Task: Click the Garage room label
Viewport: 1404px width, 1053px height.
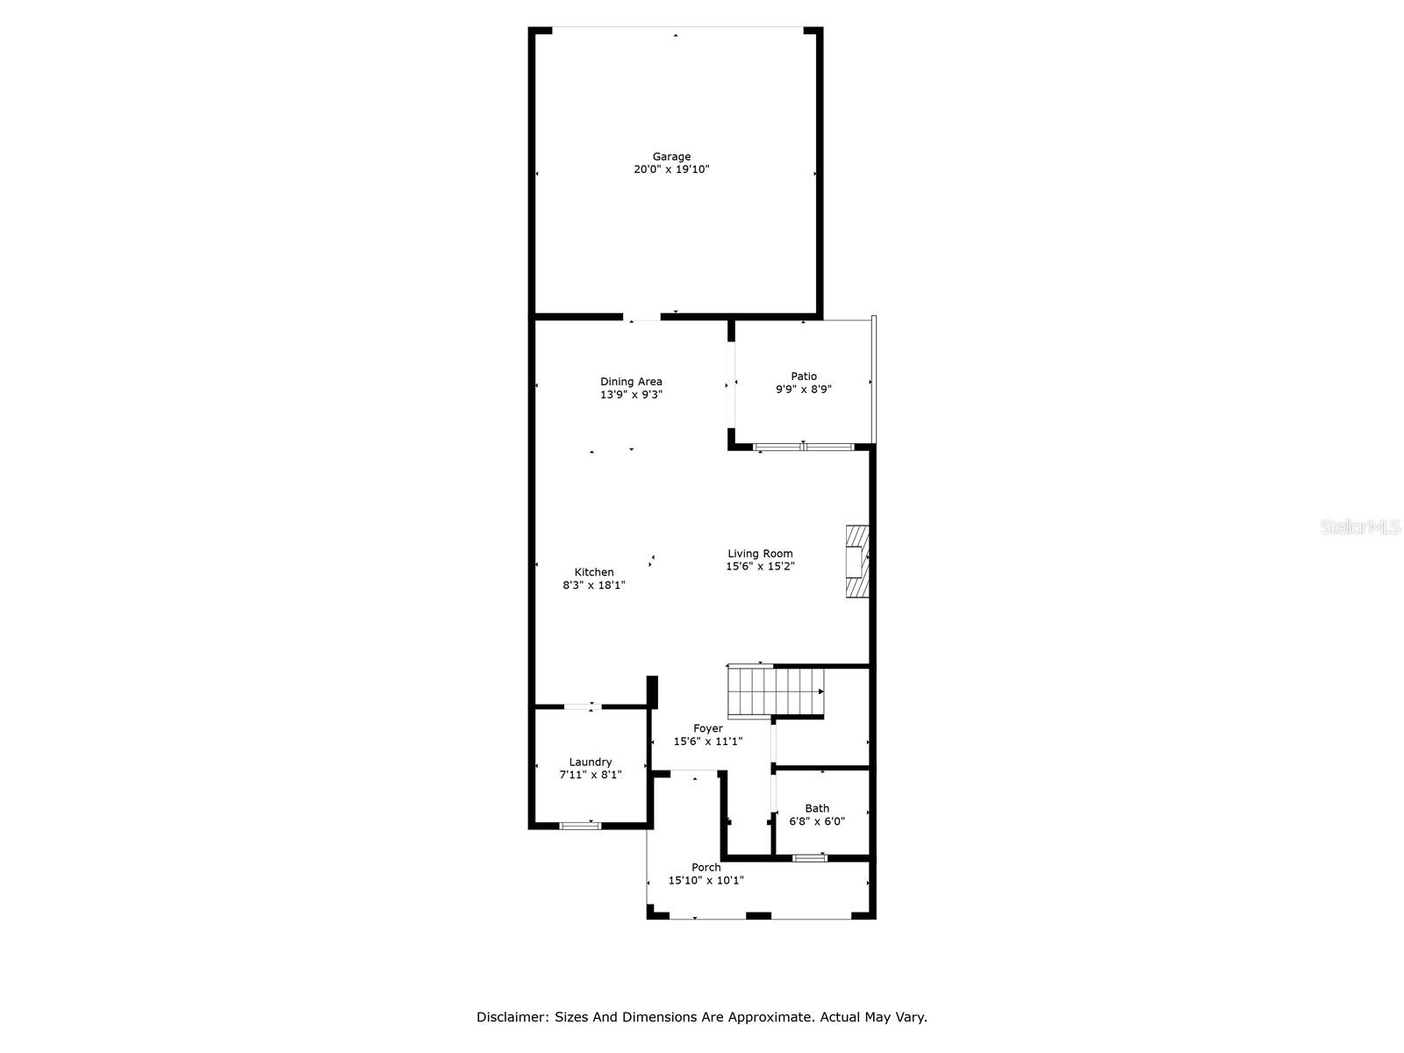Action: (x=671, y=157)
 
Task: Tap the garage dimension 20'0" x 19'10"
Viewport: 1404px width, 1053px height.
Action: (x=671, y=169)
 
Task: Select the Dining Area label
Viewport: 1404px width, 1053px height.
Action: (x=631, y=382)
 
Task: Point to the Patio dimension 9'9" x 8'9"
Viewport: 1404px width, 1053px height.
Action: (x=803, y=390)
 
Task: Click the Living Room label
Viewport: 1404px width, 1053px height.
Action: (x=760, y=554)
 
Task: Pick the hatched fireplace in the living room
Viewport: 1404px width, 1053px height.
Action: (x=856, y=562)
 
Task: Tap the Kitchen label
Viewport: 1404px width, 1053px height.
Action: (x=594, y=572)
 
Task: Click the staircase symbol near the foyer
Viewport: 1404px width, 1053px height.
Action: (x=776, y=691)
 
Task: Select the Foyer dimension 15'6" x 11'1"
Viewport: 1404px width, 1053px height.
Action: (x=708, y=741)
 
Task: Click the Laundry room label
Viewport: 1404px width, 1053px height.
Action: (x=591, y=763)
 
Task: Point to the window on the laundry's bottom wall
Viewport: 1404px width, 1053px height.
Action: (x=581, y=825)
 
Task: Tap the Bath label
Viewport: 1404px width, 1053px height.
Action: (x=817, y=809)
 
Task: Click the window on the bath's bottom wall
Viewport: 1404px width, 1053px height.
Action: (x=809, y=857)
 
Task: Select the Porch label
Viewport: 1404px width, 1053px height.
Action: (x=706, y=868)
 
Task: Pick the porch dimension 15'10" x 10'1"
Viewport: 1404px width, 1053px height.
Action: (x=706, y=880)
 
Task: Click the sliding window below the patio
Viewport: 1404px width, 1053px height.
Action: (x=803, y=448)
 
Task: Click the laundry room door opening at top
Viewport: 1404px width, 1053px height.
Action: (x=582, y=706)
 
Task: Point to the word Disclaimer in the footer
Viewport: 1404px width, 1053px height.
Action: (x=512, y=1018)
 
